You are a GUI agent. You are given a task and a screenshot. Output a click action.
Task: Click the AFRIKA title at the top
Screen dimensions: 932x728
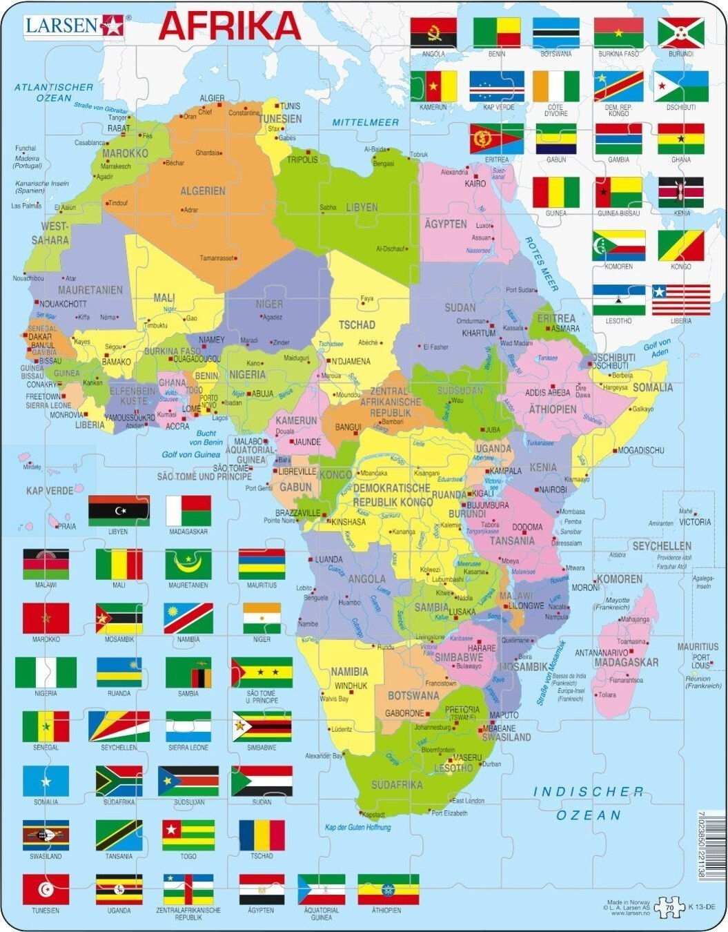(x=230, y=26)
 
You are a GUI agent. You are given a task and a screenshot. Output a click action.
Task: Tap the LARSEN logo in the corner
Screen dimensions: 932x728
(x=72, y=26)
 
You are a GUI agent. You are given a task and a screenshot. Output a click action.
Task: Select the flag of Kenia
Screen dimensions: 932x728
(x=680, y=193)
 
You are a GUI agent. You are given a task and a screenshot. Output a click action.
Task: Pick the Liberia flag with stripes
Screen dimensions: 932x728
(x=680, y=300)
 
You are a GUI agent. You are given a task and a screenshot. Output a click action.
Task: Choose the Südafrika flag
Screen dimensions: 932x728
(x=119, y=781)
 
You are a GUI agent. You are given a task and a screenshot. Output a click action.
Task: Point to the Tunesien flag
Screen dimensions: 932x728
(x=46, y=889)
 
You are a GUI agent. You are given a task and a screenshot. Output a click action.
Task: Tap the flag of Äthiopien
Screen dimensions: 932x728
(x=388, y=889)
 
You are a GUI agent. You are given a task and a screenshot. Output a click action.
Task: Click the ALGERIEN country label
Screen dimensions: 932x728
(x=203, y=191)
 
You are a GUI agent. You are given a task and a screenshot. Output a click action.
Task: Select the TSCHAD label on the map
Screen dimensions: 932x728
(x=357, y=324)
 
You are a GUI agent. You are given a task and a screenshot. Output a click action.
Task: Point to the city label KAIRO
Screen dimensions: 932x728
(x=475, y=184)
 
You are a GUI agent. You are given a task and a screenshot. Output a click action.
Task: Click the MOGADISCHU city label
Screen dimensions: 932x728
(x=641, y=450)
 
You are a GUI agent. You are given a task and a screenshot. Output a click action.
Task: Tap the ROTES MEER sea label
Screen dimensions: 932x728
(x=542, y=264)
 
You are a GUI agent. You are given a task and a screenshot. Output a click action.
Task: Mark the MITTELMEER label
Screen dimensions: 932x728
(x=366, y=122)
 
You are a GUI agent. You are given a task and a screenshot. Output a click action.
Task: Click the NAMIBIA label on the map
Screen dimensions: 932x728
(x=349, y=672)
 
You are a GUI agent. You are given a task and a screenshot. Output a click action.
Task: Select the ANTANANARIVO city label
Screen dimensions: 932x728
(x=601, y=652)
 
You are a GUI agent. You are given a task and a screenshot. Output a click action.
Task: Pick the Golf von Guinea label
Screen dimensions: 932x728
(x=190, y=454)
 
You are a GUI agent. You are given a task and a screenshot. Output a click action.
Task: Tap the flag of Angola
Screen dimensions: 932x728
(x=433, y=32)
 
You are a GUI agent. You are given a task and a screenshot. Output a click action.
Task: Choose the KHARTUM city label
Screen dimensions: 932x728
(x=478, y=333)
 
